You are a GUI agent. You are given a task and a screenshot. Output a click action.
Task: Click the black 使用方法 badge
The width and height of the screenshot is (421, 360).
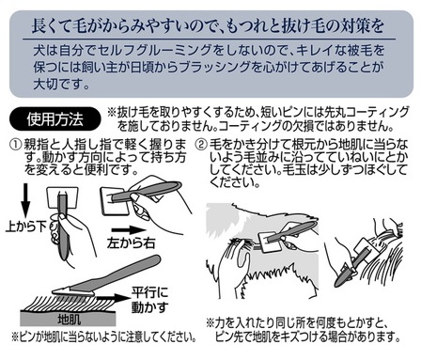55,119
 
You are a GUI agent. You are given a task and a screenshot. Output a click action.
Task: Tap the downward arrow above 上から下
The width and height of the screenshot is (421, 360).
25,200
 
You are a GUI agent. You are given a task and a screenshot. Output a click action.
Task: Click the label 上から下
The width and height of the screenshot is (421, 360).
26,226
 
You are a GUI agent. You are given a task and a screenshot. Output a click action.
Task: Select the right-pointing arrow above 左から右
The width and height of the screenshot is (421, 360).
129,230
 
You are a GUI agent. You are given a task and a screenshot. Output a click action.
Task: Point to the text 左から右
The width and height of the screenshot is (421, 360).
131,243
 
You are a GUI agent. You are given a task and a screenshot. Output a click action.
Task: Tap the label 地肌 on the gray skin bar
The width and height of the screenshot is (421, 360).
69,320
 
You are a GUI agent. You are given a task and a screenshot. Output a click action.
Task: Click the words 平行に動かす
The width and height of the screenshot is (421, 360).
149,300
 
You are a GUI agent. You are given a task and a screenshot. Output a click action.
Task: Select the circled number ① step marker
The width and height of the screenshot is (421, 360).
16,145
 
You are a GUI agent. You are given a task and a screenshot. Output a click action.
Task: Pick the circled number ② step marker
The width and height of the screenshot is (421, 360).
201,145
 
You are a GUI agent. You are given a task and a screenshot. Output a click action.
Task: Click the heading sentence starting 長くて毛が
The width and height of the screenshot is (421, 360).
208,25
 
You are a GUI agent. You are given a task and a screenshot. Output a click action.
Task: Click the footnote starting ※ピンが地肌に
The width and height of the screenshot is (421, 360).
104,337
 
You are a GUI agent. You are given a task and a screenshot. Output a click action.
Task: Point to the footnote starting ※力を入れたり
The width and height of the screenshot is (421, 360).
304,330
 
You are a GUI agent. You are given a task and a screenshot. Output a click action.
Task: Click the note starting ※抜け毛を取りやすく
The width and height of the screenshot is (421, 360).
257,118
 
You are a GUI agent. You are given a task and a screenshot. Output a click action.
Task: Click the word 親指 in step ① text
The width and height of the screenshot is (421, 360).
37,145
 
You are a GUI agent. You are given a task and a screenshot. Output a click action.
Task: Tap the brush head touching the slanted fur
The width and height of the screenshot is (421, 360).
73,292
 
